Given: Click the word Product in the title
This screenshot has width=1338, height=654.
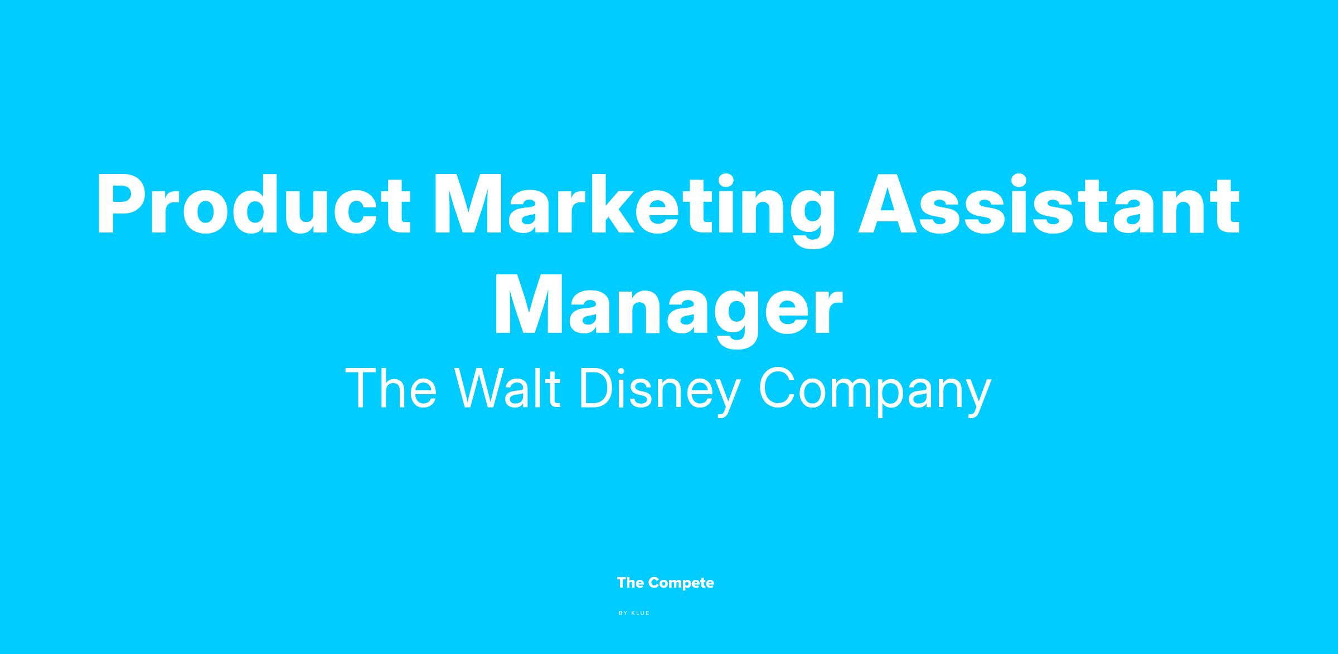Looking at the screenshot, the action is (x=254, y=205).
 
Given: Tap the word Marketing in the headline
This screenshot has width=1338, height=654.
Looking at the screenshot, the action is (x=634, y=212).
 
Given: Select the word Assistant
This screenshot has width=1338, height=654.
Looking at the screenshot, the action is (x=1049, y=205).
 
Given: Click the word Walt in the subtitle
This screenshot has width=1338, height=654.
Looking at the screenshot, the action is (x=508, y=388).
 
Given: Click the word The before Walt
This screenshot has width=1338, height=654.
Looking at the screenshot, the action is (x=391, y=388).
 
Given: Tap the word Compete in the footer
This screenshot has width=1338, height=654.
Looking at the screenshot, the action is (x=681, y=584).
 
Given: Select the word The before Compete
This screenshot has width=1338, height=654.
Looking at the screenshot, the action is (x=631, y=583).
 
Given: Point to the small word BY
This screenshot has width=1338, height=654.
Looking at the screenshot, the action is (x=623, y=613).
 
